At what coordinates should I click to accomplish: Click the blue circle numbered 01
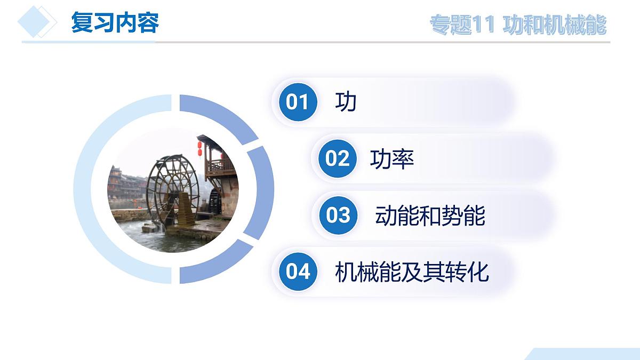pos(297,101)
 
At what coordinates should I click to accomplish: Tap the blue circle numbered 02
pos(337,158)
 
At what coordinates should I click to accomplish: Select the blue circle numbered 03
pos(338,215)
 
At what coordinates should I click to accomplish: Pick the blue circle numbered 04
pos(297,271)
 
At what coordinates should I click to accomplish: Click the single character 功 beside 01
pos(346,101)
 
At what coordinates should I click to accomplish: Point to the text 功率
pos(392,159)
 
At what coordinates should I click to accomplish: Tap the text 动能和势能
pos(430,216)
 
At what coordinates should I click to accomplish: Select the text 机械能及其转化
pos(412,272)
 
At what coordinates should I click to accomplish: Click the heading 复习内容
pos(115,23)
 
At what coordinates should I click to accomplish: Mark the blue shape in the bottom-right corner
pos(587,354)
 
